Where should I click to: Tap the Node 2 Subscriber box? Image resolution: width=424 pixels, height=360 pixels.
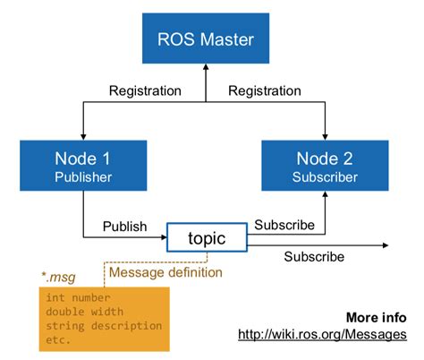pos(325,166)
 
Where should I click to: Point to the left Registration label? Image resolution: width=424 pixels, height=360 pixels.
pos(145,90)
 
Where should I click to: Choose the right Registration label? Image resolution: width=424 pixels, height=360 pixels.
pos(265,90)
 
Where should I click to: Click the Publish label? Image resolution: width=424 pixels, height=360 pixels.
pos(125,226)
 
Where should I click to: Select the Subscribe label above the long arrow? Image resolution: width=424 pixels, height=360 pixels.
pos(284,224)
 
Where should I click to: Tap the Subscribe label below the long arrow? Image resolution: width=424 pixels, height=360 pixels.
pos(314,257)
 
